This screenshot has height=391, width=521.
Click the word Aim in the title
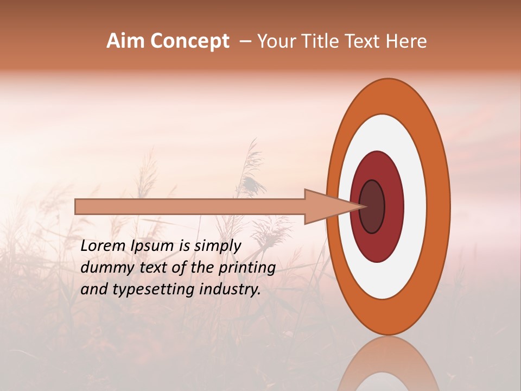[x=126, y=41]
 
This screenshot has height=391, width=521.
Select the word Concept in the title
[x=190, y=41]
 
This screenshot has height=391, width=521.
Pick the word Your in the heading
[x=277, y=41]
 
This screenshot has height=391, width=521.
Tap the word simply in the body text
[x=217, y=247]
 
